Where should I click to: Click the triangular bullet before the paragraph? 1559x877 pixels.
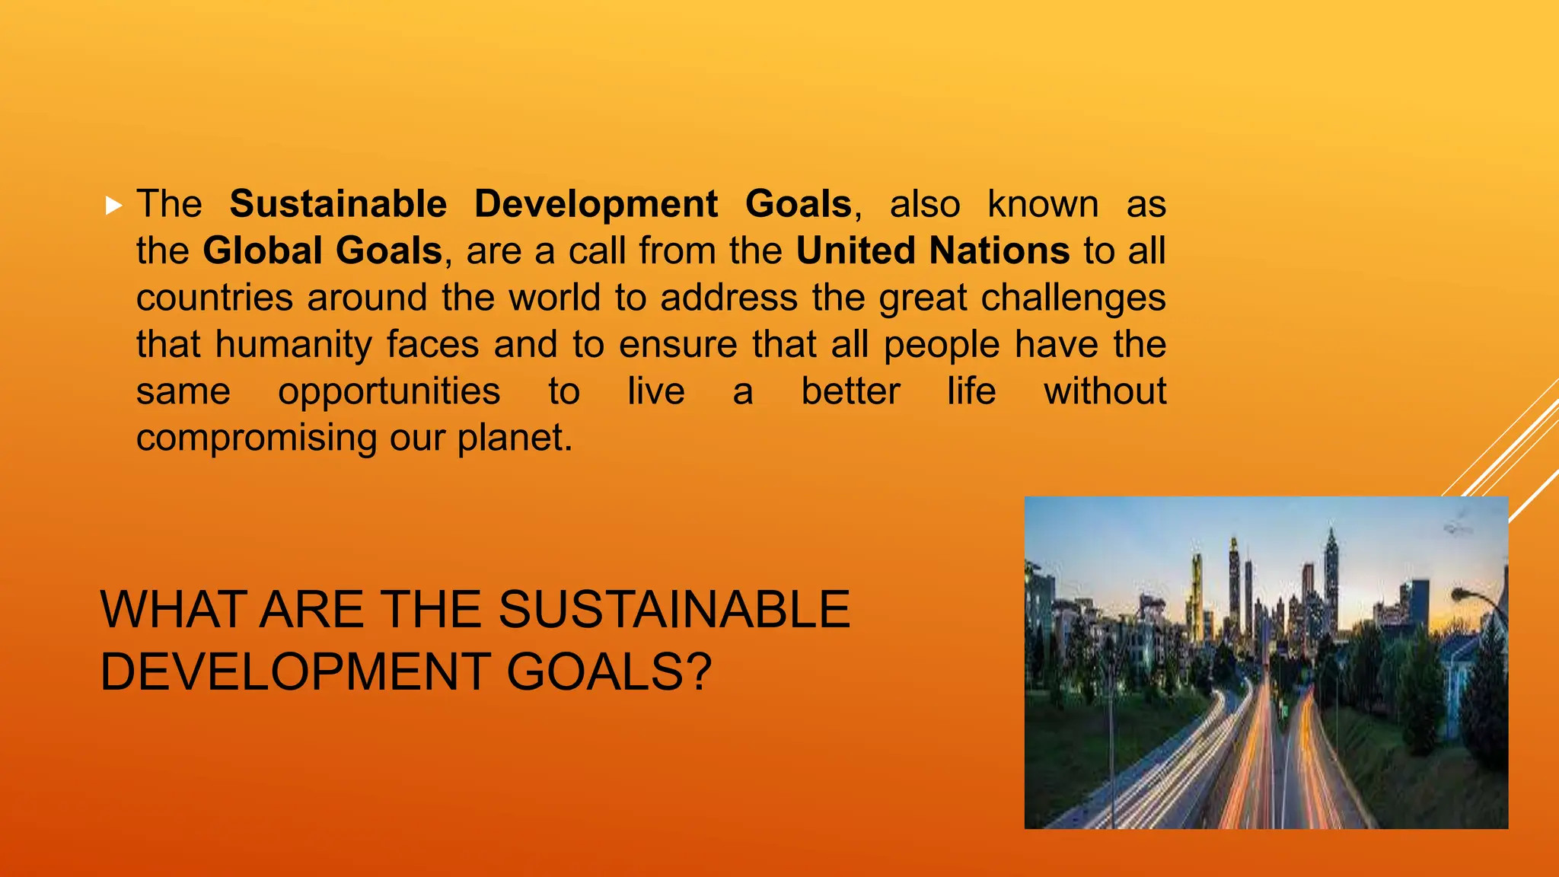(113, 205)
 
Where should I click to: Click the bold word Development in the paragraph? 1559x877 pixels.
(595, 205)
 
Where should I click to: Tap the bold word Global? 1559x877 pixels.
(263, 251)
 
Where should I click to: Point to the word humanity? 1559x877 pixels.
(293, 345)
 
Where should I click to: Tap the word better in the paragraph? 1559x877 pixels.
(850, 392)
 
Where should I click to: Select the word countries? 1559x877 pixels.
(215, 298)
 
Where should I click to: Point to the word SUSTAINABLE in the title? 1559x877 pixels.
(674, 610)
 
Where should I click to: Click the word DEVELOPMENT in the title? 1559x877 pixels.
(295, 672)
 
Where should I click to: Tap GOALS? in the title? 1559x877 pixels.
(609, 672)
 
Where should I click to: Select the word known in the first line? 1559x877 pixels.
(1043, 205)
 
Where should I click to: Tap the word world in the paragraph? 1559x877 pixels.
(555, 298)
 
